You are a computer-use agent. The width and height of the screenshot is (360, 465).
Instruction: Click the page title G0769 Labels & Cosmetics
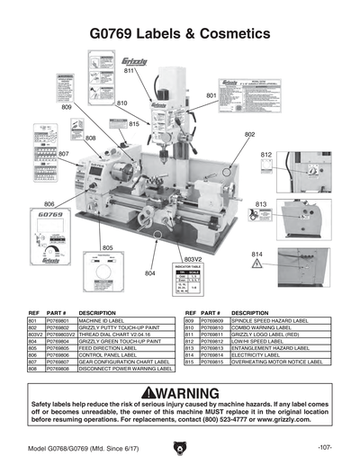[x=180, y=33]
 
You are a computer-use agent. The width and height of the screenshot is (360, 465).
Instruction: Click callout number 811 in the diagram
[x=129, y=70]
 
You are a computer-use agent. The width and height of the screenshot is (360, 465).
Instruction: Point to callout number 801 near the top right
[x=211, y=94]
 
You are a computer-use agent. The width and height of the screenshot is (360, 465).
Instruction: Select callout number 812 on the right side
[x=266, y=155]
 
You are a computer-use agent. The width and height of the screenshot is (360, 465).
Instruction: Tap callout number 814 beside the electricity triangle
[x=256, y=254]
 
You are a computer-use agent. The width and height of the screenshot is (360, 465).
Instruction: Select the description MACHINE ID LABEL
[x=101, y=319]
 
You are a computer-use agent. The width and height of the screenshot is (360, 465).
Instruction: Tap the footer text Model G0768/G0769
[x=63, y=447]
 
